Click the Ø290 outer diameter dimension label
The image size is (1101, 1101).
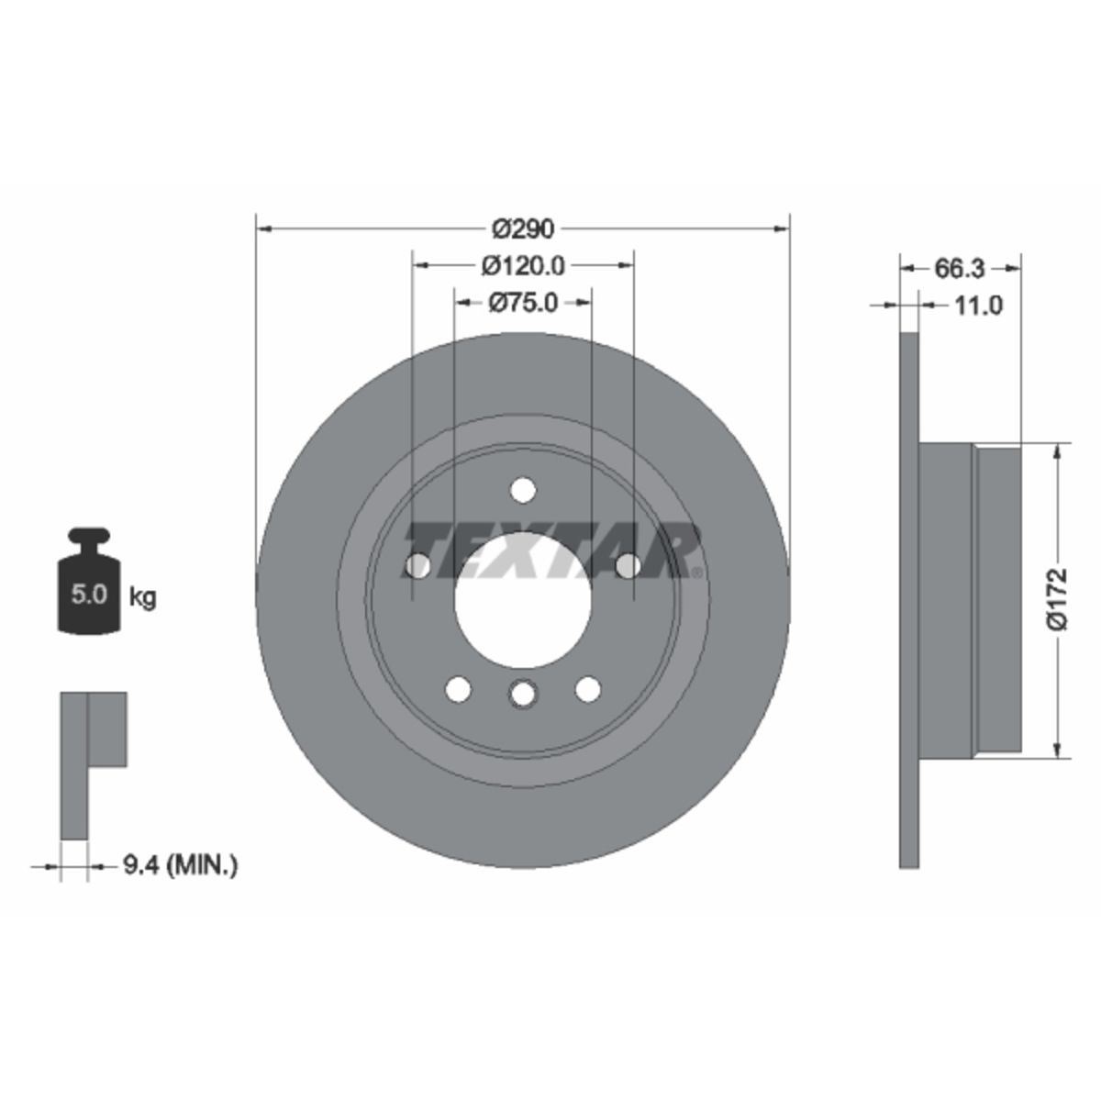[523, 229]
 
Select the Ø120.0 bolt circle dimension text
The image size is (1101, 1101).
[523, 266]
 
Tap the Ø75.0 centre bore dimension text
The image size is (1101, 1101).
[523, 303]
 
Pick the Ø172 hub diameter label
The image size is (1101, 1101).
[1058, 598]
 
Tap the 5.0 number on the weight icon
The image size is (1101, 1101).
[89, 595]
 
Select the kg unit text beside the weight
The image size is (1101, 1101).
[142, 598]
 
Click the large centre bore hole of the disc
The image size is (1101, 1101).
[523, 600]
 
